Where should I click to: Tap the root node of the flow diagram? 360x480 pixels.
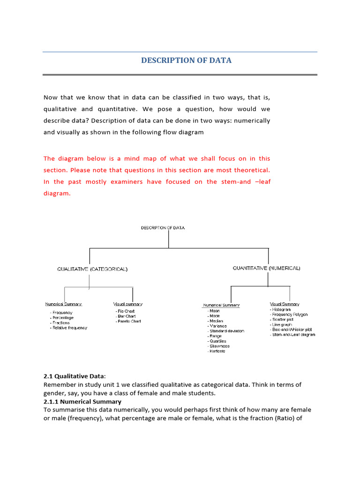[163, 228]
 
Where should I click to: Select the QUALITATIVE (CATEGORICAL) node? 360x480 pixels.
[92, 270]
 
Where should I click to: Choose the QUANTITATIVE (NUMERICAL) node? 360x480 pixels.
[266, 268]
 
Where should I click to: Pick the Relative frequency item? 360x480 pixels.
[69, 328]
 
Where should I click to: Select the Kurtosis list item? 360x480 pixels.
[217, 351]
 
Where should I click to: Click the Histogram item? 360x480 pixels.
[281, 309]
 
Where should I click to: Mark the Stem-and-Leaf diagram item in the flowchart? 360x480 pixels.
[293, 335]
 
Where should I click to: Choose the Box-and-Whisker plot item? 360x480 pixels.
[292, 330]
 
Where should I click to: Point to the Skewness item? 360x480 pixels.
[219, 346]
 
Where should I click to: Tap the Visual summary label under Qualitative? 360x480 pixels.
[127, 304]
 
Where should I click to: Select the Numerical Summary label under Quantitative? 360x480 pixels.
[221, 305]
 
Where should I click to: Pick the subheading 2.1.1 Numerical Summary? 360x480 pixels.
[82, 402]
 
